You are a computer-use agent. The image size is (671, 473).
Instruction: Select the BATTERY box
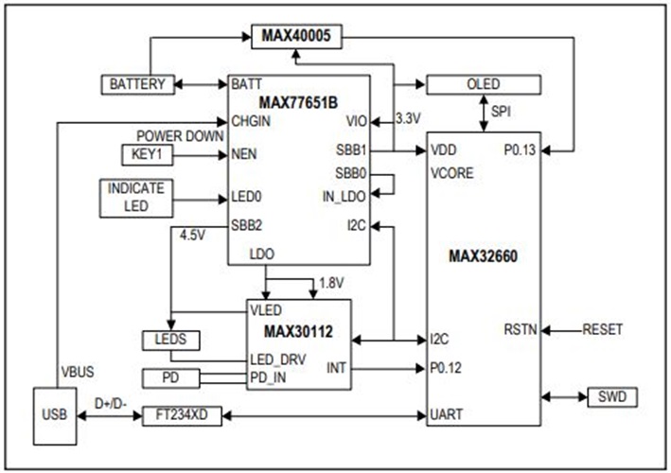pos(138,84)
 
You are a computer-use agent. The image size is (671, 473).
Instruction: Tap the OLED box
pos(483,84)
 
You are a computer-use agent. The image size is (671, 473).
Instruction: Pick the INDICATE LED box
pos(137,198)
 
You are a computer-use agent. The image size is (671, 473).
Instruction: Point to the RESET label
pos(603,329)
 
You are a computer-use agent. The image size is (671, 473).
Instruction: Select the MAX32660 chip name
pos(484,255)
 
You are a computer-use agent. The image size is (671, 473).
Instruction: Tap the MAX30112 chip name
pos(298,333)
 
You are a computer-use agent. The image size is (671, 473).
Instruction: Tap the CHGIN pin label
pos(252,120)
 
